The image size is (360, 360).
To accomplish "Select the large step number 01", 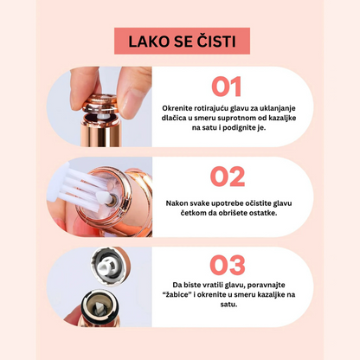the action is (227, 87).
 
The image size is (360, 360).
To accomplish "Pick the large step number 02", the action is (228, 177).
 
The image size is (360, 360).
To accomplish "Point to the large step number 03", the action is (228, 265).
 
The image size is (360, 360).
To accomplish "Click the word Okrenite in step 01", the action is (177, 108).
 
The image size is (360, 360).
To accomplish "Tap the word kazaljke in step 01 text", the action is (283, 118).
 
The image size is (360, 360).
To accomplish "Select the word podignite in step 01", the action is (241, 128).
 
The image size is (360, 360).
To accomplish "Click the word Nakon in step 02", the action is (176, 203).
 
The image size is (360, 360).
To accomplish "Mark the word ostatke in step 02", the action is (264, 213).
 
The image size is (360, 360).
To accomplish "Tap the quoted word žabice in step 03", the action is (177, 295).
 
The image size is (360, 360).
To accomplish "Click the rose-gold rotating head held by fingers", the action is (100, 104).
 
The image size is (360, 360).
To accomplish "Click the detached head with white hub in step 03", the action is (109, 266).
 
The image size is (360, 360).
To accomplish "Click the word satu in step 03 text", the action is (228, 305).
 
